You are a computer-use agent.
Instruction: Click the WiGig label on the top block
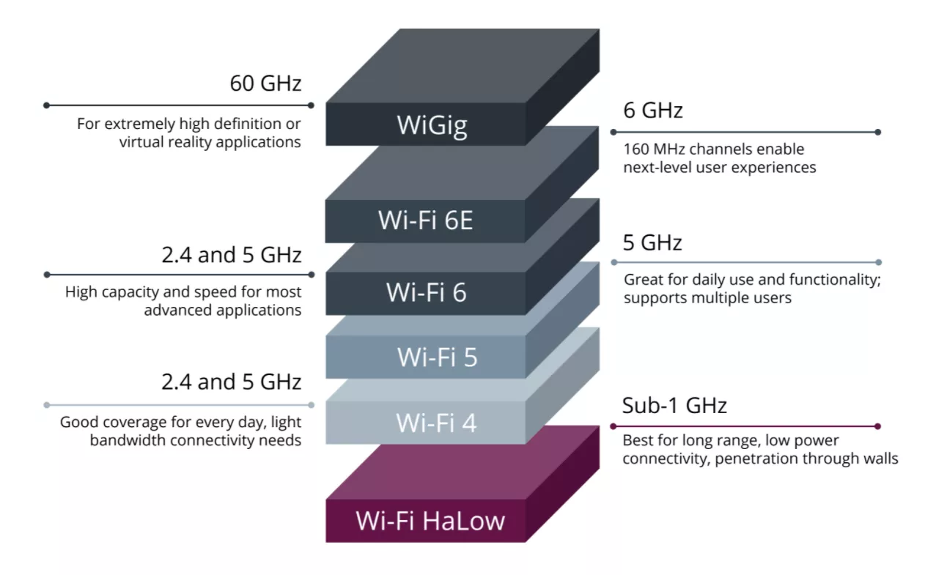pos(432,125)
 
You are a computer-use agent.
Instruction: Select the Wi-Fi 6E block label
pos(425,220)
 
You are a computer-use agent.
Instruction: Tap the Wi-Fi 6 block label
pos(426,292)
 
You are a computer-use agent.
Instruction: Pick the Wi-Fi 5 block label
pos(437,357)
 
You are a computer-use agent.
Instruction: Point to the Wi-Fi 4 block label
pos(436,423)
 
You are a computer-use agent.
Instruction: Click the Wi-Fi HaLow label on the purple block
pos(430,521)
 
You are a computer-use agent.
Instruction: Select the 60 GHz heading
pos(265,83)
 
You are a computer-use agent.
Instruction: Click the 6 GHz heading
pos(652,111)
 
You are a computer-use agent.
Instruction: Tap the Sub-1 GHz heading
pos(674,405)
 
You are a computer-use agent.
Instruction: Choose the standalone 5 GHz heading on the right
pos(652,242)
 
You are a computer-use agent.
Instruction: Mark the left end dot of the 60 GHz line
pos(46,105)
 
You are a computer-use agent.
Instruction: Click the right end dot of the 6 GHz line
pos(877,132)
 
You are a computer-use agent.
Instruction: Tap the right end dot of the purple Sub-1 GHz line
pos(877,426)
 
